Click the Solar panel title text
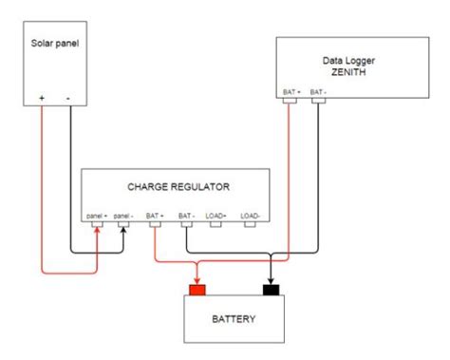(x=55, y=44)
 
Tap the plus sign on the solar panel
(x=42, y=98)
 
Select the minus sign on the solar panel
(x=68, y=99)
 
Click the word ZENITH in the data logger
(x=348, y=72)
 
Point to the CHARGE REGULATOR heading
(x=178, y=187)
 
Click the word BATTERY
(x=234, y=319)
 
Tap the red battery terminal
(x=197, y=290)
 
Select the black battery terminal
(x=271, y=290)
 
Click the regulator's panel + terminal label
(x=97, y=216)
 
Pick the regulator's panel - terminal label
(x=123, y=216)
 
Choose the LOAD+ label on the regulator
(x=216, y=216)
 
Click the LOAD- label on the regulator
(x=250, y=216)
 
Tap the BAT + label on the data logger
(x=291, y=92)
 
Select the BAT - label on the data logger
(x=318, y=92)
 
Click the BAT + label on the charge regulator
(x=155, y=216)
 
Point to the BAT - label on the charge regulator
(x=187, y=216)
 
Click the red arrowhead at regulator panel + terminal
(x=97, y=230)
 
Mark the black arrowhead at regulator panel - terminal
(x=123, y=230)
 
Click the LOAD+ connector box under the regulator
(x=216, y=224)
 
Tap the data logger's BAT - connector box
(x=318, y=101)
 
